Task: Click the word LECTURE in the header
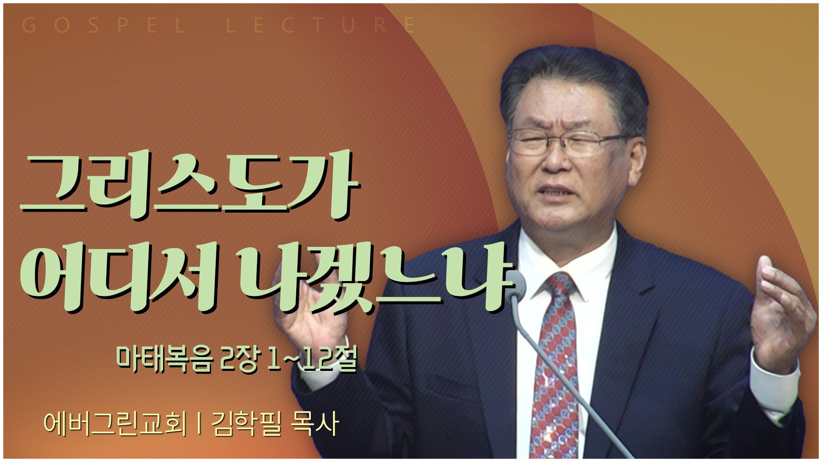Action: click(321, 25)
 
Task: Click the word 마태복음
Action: click(164, 358)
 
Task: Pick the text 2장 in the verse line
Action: click(239, 358)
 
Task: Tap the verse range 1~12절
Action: click(312, 358)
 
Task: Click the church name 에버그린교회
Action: click(116, 423)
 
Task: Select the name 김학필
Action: click(247, 423)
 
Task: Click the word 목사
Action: click(315, 423)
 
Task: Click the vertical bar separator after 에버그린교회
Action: click(200, 423)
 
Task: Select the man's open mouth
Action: click(557, 190)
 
